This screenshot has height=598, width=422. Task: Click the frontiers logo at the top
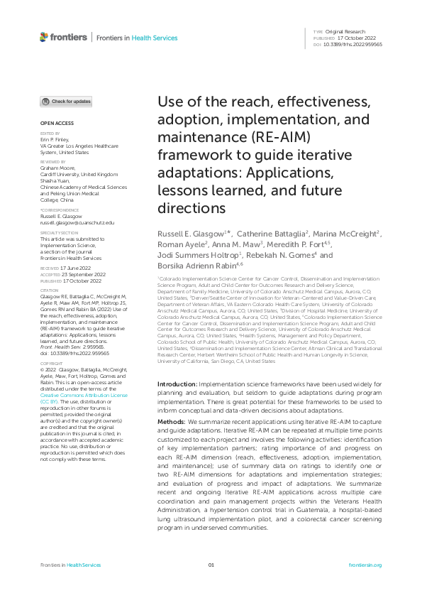[x=65, y=37]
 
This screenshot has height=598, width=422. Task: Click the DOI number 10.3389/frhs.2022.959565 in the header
[x=352, y=45]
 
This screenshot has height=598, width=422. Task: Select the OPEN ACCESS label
[x=52, y=124]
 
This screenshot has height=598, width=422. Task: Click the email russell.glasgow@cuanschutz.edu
[x=77, y=222]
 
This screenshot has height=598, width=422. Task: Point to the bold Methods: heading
[x=172, y=421]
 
